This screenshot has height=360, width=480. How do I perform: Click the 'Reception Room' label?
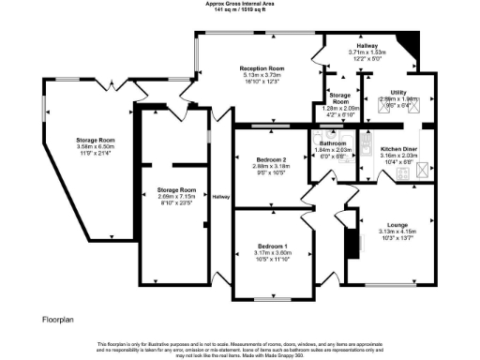(x=262, y=69)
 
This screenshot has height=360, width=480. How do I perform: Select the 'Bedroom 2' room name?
(x=271, y=160)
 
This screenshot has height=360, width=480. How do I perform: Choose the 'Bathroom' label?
(x=332, y=143)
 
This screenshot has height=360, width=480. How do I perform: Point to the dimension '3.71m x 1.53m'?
(x=367, y=52)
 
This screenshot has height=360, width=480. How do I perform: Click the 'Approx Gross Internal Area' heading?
(x=240, y=3)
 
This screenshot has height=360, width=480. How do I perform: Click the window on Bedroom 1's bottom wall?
(x=274, y=297)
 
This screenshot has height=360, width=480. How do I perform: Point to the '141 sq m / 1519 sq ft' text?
(x=240, y=9)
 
